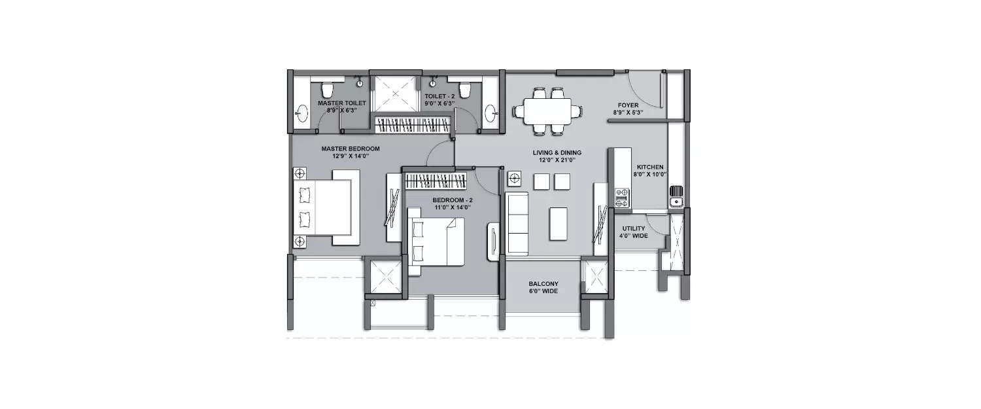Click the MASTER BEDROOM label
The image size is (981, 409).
point(350,149)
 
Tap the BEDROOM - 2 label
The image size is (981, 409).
point(451,199)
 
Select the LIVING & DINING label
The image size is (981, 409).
point(556,152)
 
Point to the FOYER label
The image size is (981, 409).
point(628,105)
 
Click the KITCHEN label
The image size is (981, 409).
point(650,167)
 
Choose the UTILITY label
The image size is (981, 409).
point(634,228)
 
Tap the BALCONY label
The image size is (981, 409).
point(543,284)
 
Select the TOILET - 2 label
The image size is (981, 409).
point(439,96)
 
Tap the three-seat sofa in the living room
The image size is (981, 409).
point(517,224)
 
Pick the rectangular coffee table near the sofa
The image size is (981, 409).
point(559,223)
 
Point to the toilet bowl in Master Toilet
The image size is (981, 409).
point(328,90)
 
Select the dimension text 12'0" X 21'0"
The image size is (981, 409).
point(556,160)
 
